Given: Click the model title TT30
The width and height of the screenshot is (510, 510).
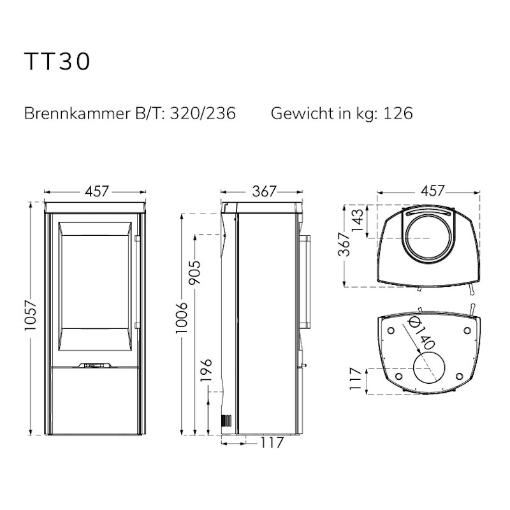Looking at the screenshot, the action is point(57,61).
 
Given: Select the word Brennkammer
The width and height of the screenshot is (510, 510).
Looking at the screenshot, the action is point(77,113).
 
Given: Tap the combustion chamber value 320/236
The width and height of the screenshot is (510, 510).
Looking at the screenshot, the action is point(203,113).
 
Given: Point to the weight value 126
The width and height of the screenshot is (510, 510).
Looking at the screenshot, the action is point(398,113).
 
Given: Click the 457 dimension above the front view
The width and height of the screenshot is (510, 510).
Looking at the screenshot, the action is point(97,191).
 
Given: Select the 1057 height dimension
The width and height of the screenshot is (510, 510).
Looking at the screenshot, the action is point(31,315).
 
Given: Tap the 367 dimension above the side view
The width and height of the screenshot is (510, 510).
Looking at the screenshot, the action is point(264,191).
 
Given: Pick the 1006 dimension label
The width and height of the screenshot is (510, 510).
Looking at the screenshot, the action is point(182,317).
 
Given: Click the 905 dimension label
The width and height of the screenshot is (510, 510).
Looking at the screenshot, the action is point(196,273).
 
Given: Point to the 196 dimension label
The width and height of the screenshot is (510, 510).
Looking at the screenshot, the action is point(206,370).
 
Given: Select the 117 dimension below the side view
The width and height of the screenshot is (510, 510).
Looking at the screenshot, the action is point(272,442).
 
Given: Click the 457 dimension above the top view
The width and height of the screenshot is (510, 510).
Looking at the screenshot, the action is point(432,191).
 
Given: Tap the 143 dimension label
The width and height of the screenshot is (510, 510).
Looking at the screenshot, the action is point(357,220).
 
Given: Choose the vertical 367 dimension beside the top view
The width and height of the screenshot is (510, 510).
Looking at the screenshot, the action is point(344,244).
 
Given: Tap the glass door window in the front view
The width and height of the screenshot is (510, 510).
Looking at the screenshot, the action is point(95,286).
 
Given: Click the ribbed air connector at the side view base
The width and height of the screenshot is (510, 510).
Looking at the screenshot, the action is point(226,421).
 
